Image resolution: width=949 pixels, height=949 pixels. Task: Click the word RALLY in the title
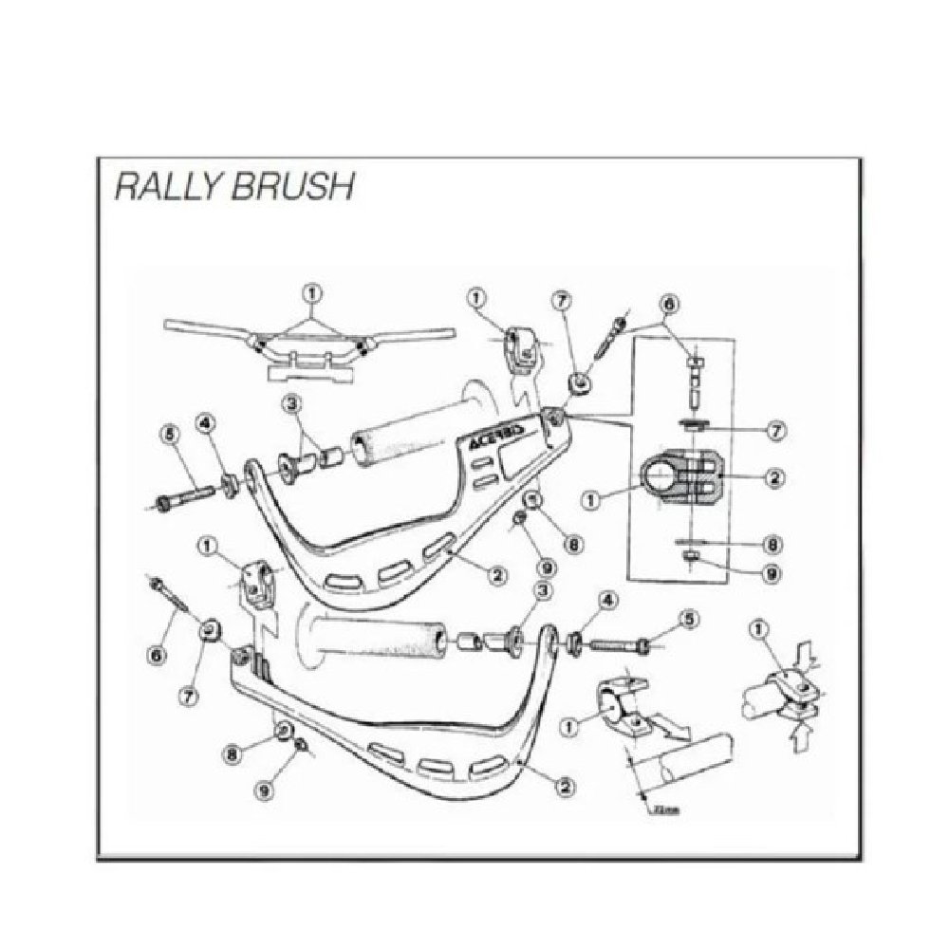pos(166,186)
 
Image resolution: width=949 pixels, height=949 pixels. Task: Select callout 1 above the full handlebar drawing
pos(312,291)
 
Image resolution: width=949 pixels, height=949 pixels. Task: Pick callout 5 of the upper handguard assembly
pos(170,436)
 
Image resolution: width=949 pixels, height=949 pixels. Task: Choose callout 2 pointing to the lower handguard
pos(567,785)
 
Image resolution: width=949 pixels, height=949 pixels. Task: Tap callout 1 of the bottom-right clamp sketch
pos(757,628)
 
